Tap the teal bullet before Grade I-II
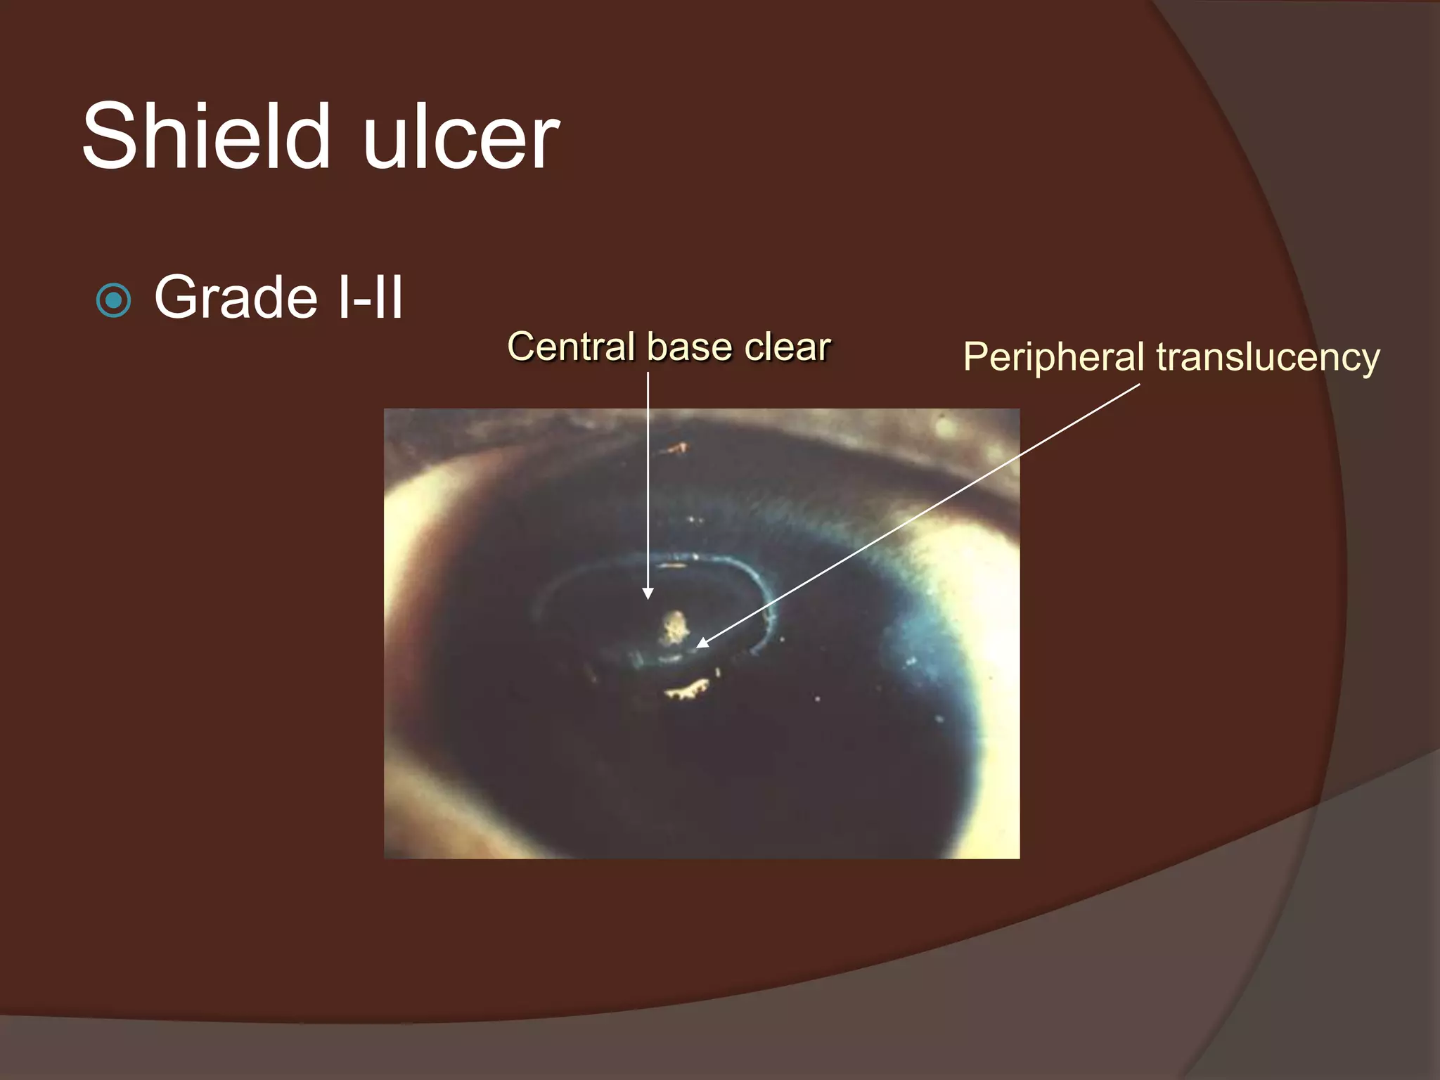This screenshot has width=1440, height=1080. (113, 301)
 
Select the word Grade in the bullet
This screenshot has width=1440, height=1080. (235, 297)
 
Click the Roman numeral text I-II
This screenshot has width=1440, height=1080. (370, 297)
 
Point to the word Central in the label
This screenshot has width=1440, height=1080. (570, 347)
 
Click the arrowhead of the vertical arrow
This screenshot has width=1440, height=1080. (648, 593)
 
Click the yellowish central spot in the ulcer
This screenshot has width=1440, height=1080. (674, 626)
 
